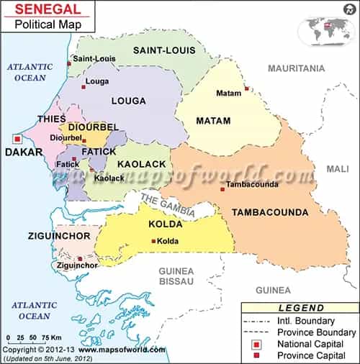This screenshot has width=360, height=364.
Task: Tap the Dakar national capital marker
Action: point(17,139)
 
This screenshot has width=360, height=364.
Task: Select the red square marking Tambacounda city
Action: point(222,189)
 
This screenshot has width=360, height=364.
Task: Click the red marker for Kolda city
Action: point(153,241)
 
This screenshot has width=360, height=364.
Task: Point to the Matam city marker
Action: point(246,89)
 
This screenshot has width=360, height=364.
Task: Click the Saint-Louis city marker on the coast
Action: point(69,63)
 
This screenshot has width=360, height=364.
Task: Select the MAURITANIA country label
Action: point(297,68)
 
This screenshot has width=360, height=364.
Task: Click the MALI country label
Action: point(337,168)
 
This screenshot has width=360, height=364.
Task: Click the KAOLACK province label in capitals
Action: point(143,165)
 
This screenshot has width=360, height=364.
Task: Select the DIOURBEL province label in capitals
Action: point(93,127)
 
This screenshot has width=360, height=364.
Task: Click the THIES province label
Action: point(52,119)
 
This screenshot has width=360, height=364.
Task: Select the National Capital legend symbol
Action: point(258,344)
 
